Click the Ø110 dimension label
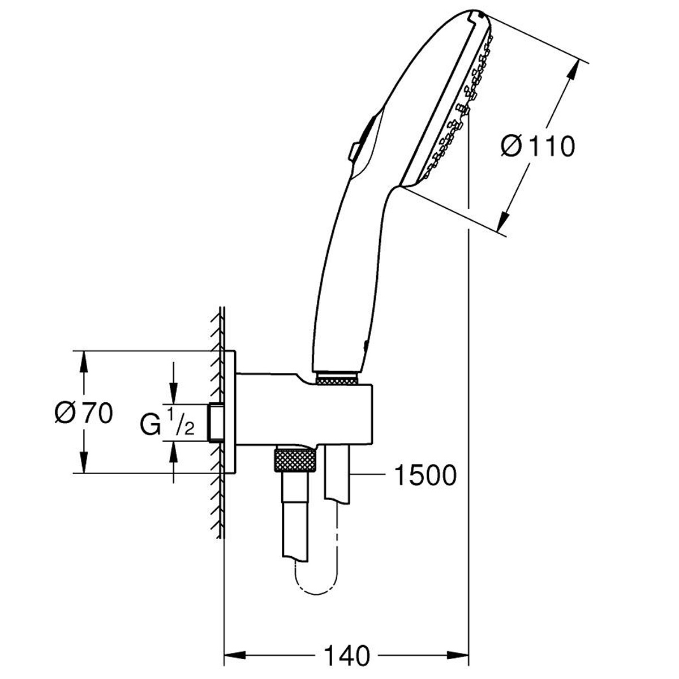point(538,147)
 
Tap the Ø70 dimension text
point(84,414)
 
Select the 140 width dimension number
point(347,656)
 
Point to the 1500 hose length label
point(424,476)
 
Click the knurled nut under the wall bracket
point(294,459)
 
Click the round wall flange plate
point(231,412)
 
